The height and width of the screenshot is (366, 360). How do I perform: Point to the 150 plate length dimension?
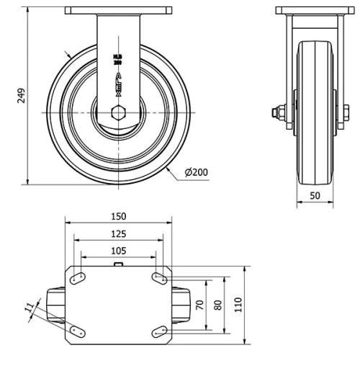pyautogui.click(x=119, y=216)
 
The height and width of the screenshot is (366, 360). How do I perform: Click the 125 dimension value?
pyautogui.click(x=119, y=233)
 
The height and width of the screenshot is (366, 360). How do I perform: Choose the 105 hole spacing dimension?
pyautogui.click(x=119, y=251)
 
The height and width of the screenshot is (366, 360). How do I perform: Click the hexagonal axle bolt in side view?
pyautogui.click(x=119, y=114)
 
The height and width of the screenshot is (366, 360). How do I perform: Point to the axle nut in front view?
pyautogui.click(x=275, y=112)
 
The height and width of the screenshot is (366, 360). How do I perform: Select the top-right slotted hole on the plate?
pyautogui.click(x=158, y=277)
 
